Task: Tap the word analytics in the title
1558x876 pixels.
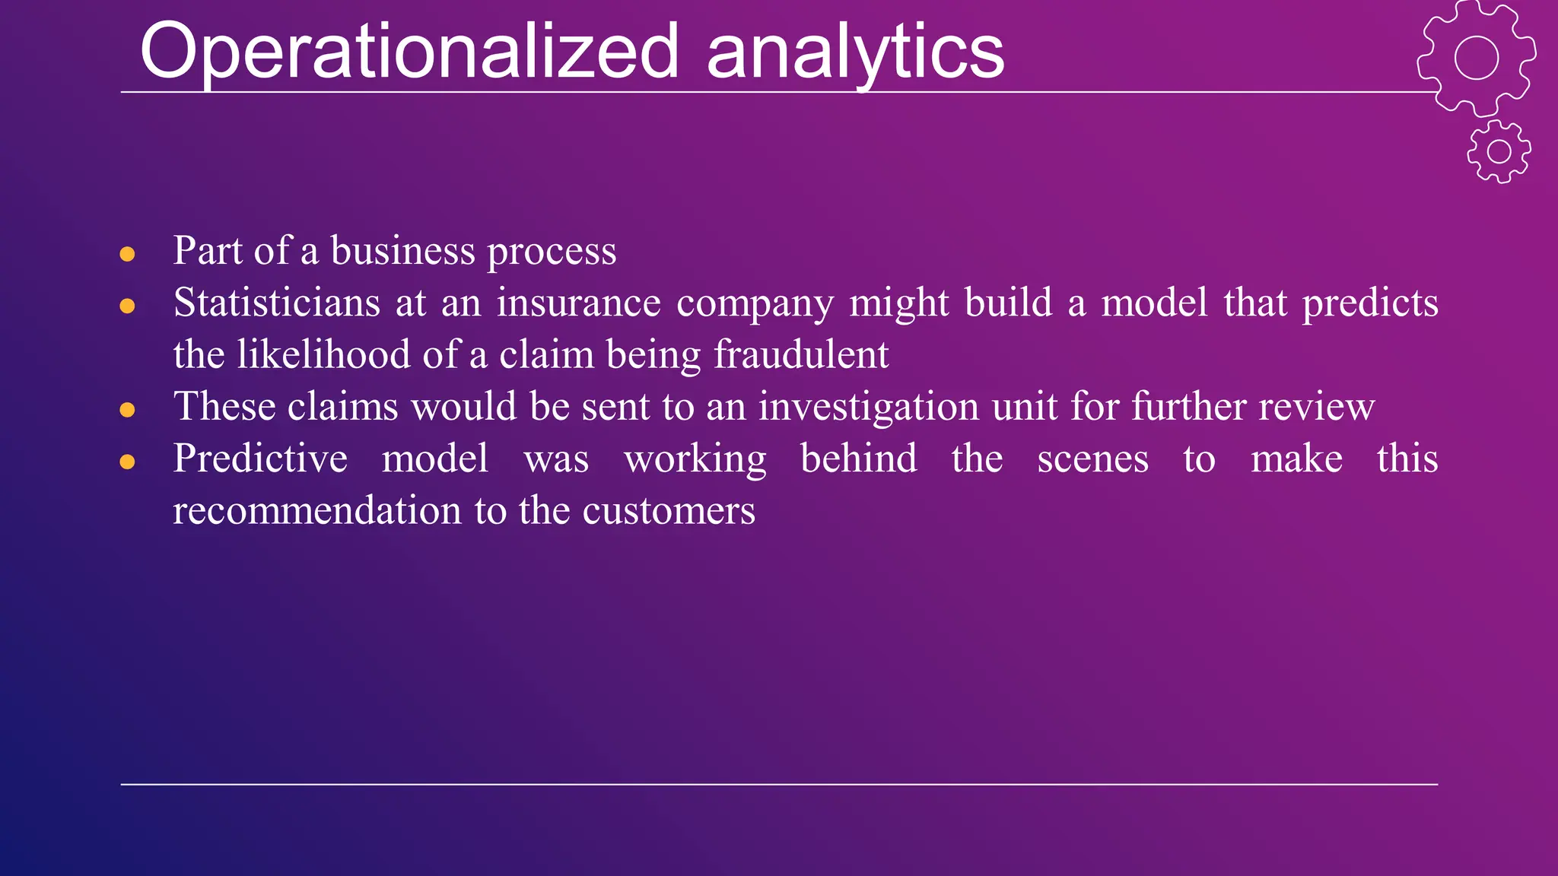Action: coord(855,52)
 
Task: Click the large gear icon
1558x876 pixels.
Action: coord(1476,58)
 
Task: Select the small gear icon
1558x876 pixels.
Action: coord(1499,151)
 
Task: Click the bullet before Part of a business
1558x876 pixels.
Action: coord(127,254)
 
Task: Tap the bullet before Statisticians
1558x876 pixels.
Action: coord(127,306)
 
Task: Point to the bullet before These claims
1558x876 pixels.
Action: coord(127,411)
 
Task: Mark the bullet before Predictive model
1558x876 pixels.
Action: coord(127,462)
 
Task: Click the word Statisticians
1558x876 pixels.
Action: coord(276,303)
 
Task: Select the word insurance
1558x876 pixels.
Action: coord(578,303)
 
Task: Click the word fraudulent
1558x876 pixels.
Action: coord(800,354)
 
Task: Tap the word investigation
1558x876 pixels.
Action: coord(868,407)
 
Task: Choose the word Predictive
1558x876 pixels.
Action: coord(260,459)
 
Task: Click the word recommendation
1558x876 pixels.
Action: coord(316,510)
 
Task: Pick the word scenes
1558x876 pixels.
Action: coord(1092,459)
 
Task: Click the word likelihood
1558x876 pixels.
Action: coord(323,354)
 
